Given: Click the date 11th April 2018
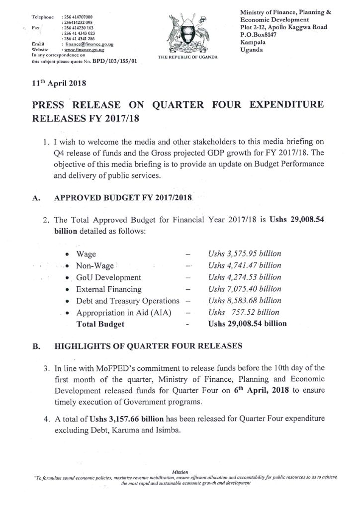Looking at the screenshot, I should pos(59,84).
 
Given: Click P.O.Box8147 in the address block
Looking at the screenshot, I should pos(275,34).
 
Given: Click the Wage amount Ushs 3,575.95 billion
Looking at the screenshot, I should pos(245,254).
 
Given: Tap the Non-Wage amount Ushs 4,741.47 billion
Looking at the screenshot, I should pos(245,265).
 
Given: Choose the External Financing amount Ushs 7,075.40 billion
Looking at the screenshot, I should pos(245,289).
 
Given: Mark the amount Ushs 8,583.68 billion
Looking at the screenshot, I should pos(245,301).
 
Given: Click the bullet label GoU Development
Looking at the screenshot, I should pos(108,277).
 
